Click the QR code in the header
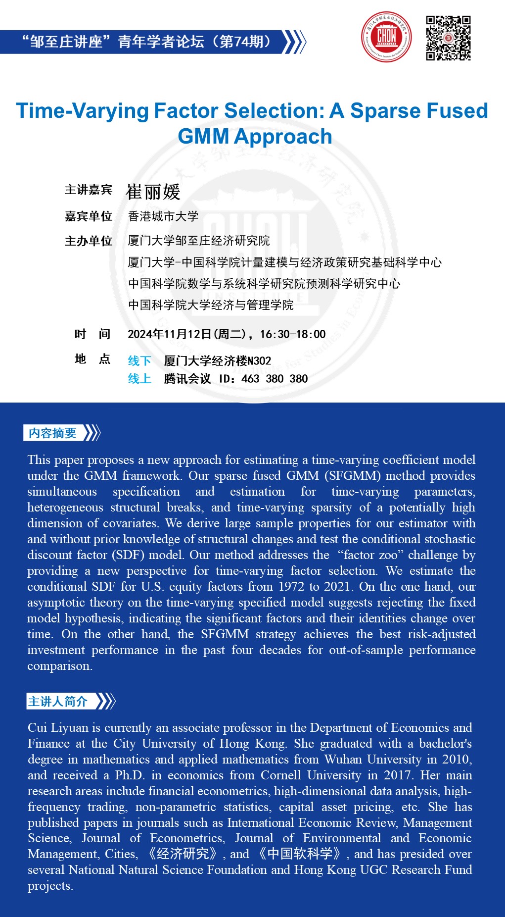click(x=448, y=38)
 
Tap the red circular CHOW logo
click(x=386, y=37)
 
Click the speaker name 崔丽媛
click(x=153, y=192)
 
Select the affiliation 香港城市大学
click(x=163, y=216)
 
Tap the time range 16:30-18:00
click(x=293, y=334)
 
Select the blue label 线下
click(x=139, y=361)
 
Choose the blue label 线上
click(x=139, y=379)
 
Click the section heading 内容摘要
click(x=52, y=433)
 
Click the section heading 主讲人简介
click(x=58, y=702)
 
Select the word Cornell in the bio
click(x=281, y=775)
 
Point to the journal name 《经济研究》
click(x=183, y=854)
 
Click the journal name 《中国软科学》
click(x=299, y=854)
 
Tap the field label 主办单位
click(x=89, y=241)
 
